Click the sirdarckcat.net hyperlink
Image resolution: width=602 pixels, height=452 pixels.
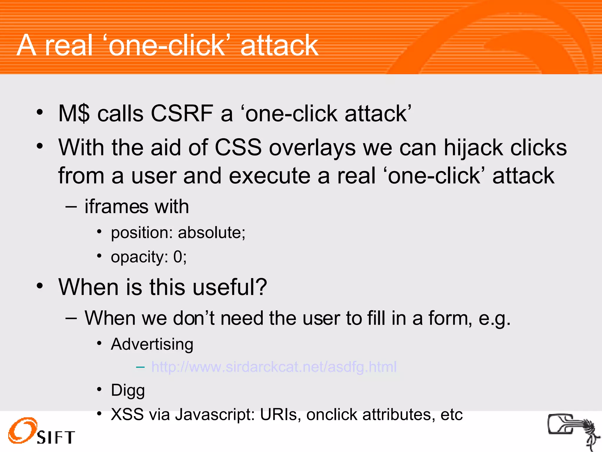pos(274,367)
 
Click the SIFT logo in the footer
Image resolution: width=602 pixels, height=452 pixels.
pos(41,431)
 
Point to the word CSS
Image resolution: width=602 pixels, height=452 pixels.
pos(238,147)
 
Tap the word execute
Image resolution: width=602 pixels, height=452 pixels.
pos(269,176)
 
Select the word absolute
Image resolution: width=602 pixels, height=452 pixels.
pos(211,232)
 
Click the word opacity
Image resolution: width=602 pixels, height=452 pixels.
pos(139,257)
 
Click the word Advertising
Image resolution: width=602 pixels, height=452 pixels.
pos(152,344)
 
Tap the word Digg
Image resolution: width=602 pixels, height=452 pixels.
pos(128,391)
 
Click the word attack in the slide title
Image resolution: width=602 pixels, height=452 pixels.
pos(279,45)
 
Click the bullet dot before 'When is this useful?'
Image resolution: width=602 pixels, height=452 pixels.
pos(40,286)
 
